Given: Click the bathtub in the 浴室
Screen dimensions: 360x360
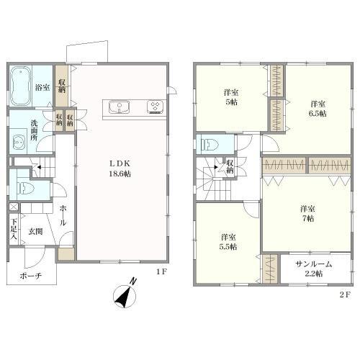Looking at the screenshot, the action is [x=21, y=86].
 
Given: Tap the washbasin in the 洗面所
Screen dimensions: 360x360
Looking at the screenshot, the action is [x=19, y=142].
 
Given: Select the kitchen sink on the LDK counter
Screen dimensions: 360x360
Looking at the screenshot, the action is [x=120, y=107].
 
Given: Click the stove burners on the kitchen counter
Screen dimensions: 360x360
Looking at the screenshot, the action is [x=156, y=107].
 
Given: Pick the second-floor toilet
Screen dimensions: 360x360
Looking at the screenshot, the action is [x=210, y=145].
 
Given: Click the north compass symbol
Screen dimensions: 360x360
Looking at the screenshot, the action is [x=125, y=294].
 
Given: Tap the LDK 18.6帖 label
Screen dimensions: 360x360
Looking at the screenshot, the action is [x=120, y=168].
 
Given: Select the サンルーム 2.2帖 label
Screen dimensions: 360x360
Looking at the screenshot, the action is [x=314, y=269].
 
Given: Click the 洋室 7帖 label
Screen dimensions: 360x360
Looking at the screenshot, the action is [x=307, y=214].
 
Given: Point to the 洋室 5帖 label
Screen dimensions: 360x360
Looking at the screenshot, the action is [x=231, y=97].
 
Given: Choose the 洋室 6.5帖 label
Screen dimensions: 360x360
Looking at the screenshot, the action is [x=318, y=109].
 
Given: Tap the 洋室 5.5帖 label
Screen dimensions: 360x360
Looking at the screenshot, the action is [x=228, y=242].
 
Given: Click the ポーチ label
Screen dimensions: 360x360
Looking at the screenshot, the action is [x=31, y=276].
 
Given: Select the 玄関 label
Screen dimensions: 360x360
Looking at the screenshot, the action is [x=36, y=231].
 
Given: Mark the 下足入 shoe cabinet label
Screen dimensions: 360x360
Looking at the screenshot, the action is [x=14, y=229].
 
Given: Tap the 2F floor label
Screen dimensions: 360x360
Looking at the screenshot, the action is [x=346, y=294].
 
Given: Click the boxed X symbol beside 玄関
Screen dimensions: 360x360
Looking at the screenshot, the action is [x=14, y=207].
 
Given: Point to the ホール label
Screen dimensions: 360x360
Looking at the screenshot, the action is [x=63, y=215].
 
